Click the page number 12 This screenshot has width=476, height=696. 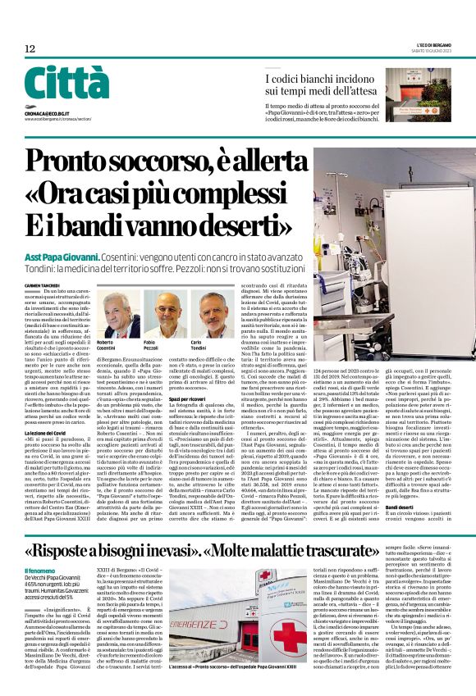pos(30,49)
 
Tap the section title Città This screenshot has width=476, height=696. pos(66,84)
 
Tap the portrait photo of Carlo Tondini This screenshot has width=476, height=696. pos(217,312)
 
